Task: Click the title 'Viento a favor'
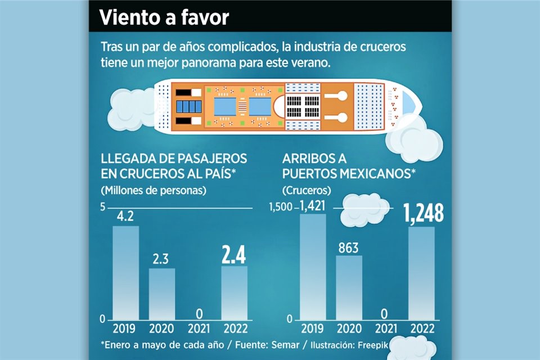[x=164, y=17]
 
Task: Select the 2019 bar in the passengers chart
[x=125, y=272]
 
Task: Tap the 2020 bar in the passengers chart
[x=162, y=294]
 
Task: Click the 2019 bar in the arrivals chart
[x=312, y=267]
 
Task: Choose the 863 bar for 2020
[x=349, y=287]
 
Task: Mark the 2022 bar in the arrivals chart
[x=421, y=273]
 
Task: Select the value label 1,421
[x=312, y=206]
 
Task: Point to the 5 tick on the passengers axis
[x=103, y=207]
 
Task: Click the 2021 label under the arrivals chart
[x=385, y=329]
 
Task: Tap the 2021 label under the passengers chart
[x=199, y=329]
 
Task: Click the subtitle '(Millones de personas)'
[x=154, y=190]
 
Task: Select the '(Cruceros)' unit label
[x=307, y=190]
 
